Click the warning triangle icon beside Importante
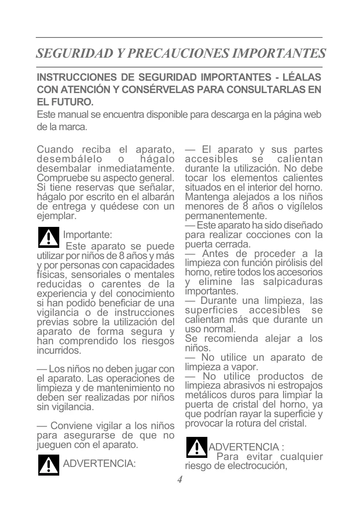point(49,237)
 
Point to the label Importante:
point(87,235)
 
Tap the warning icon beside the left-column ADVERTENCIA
point(49,465)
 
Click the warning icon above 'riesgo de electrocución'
point(196,448)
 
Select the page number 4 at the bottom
point(180,480)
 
